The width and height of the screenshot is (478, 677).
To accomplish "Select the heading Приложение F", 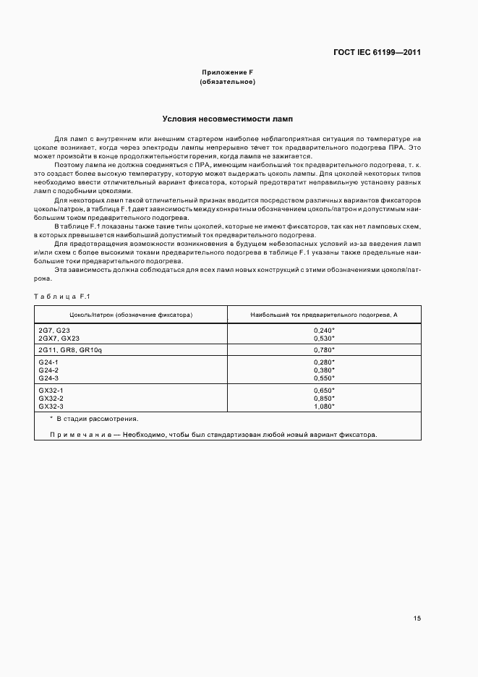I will pos(227,72).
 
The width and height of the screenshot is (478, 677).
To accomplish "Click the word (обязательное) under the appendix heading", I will pos(227,82).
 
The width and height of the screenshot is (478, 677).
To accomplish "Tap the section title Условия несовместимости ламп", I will pos(227,119).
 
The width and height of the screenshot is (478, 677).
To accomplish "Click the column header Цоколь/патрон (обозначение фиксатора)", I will pos(131,315).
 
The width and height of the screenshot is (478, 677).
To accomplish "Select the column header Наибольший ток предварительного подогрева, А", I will pos(324,315).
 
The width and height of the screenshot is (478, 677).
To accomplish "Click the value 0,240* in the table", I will pos(324,330).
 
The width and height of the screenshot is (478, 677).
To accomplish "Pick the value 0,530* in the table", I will pos(324,338).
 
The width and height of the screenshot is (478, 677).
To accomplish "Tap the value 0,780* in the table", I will pos(324,349).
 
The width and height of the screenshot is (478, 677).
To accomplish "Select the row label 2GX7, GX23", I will pos(59,338).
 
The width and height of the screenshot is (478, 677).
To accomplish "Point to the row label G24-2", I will pos(48,370).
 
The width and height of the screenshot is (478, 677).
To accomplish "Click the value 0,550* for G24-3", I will pos(324,378).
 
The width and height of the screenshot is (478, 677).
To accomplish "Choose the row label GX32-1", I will pos(51,390).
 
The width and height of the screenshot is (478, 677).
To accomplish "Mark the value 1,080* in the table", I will pos(324,406).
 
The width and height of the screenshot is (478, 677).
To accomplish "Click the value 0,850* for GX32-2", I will pos(324,398).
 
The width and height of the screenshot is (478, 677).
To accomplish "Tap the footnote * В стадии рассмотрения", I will pos(94,419).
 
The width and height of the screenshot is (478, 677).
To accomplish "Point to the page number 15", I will pos(417,618).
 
